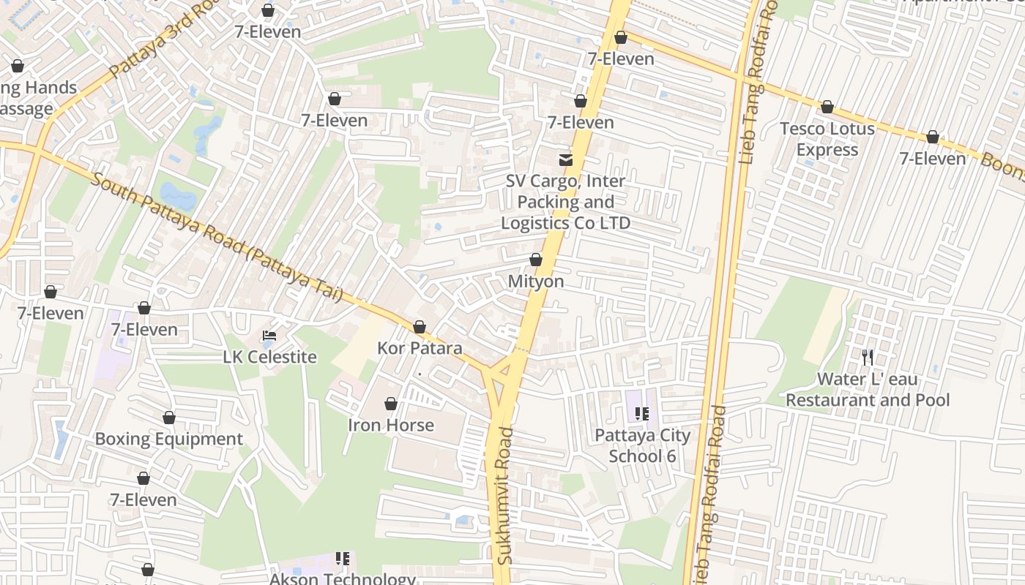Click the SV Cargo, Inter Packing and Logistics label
pos(565,202)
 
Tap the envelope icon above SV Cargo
pos(566,159)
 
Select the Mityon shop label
pos(536,282)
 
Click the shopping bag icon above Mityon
pos(536,260)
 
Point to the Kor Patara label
pos(420,348)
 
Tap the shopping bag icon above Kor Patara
pos(420,327)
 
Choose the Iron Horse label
pos(391,425)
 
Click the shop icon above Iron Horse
pos(391,404)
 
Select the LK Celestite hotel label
pos(270,357)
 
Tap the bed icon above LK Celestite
pos(269,336)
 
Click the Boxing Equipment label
pos(168,439)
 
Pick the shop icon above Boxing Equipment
pos(169,418)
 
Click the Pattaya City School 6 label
pos(642,445)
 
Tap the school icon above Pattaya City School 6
pos(642,414)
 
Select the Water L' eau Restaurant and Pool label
pos(868,390)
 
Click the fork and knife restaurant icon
pos(868,357)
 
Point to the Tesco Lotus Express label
pos(827,139)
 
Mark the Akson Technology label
pos(343,578)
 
